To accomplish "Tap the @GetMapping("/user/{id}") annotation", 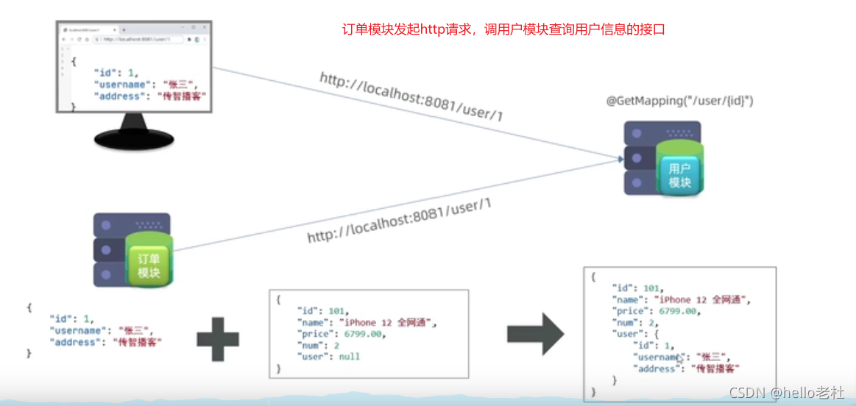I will point(679,100).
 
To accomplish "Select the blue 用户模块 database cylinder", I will point(679,171).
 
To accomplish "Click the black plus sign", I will point(218,339).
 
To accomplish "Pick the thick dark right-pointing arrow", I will point(535,335).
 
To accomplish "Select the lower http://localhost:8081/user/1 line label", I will point(399,221).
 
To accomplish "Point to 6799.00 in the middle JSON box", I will point(358,334).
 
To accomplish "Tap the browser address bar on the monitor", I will point(140,38).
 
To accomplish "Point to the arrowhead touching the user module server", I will point(619,157).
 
